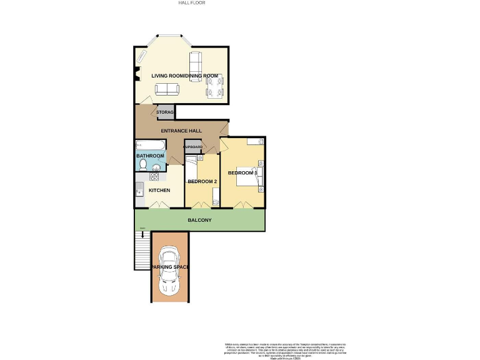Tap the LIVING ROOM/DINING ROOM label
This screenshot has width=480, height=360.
[x=185, y=76]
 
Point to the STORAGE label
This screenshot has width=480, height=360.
[x=165, y=112]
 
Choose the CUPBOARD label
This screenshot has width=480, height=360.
[x=192, y=147]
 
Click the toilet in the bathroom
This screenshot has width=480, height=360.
[x=143, y=164]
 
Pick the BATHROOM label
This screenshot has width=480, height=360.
[x=150, y=156]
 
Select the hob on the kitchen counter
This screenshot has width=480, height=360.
[x=154, y=177]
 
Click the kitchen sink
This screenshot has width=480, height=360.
[x=139, y=189]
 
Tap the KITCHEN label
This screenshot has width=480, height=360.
[x=159, y=191]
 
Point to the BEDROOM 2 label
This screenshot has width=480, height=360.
[x=202, y=182]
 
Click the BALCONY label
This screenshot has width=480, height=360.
[x=200, y=221]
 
